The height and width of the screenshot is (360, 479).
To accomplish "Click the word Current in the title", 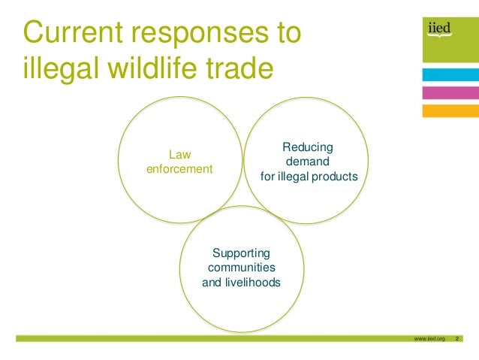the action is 70,34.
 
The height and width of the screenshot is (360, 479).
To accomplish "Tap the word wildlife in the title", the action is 148,68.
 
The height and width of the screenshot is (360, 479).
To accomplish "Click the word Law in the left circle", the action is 179,155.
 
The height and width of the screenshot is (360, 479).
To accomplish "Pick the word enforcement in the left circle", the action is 179,169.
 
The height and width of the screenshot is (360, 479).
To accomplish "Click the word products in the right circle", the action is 336,177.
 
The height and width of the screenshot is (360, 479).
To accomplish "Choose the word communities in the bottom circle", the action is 241,268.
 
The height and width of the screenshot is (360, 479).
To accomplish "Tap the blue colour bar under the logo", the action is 450,74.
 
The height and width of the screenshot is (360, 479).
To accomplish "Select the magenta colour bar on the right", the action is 450,92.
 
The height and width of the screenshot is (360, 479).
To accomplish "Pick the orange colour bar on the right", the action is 450,110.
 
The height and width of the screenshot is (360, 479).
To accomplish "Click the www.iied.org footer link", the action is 429,340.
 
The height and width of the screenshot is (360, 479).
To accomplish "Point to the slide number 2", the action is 457,340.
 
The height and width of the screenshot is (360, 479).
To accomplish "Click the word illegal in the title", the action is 61,68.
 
